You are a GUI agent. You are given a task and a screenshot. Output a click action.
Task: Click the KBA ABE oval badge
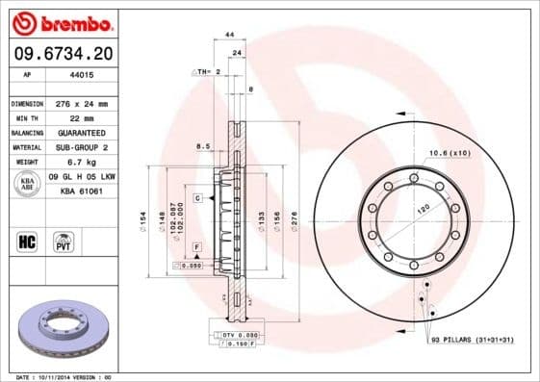pyautogui.click(x=27, y=185)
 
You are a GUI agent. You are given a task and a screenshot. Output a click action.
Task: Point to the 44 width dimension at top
pyautogui.click(x=229, y=35)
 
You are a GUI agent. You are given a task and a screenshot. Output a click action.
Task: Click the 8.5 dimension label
pyautogui.click(x=203, y=146)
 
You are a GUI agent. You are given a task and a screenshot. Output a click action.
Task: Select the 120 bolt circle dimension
pyautogui.click(x=422, y=208)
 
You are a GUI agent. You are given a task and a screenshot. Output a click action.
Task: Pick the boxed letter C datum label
pyautogui.click(x=197, y=197)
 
